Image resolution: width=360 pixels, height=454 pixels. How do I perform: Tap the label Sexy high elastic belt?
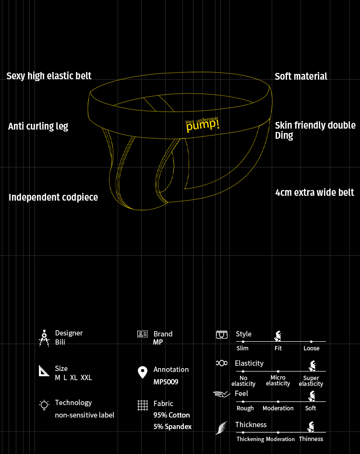pos(49,76)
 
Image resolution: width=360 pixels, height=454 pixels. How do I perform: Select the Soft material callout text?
pos(301,76)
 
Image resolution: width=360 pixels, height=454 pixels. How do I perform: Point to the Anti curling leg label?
pos(38,126)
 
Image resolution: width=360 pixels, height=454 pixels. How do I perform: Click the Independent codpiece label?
pos(53,197)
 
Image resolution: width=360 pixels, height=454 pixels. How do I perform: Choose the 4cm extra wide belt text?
pos(315,192)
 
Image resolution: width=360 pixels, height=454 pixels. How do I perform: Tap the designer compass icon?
pos(44,338)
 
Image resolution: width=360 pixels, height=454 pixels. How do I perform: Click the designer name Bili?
pos(60,342)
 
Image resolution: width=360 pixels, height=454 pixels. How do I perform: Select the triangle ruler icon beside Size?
pos(44,371)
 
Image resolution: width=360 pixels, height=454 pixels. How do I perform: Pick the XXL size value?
pos(86,378)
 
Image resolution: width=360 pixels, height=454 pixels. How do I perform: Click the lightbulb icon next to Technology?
pos(44,405)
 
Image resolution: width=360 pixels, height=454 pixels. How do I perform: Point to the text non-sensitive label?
pos(84,415)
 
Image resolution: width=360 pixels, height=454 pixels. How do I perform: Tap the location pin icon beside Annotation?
pos(143,372)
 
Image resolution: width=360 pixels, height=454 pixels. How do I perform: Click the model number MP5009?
pos(166,382)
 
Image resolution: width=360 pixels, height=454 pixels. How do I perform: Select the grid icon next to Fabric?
pos(143,405)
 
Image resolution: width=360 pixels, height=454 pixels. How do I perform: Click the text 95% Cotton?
pos(171,415)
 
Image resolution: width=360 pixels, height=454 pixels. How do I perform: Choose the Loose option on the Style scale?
pos(312,348)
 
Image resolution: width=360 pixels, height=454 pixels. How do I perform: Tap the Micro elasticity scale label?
pos(278,381)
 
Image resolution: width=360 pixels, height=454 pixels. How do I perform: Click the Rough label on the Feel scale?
pos(245,408)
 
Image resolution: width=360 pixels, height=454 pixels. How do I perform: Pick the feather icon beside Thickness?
pos(222,428)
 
